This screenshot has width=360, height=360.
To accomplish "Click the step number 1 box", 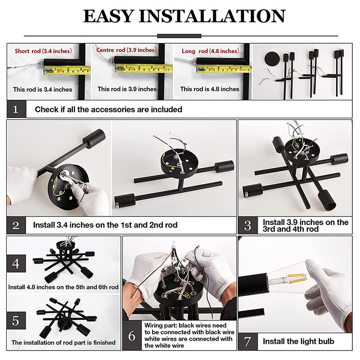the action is (16, 109).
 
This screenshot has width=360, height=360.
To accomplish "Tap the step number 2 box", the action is (16, 225).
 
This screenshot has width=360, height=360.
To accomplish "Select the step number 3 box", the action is (247, 225).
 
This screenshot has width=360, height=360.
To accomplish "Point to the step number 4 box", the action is (16, 263).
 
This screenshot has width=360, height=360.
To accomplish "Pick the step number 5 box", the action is (16, 320).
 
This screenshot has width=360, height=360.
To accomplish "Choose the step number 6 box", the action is (132, 336).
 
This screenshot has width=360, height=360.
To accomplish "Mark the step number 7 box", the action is (248, 342).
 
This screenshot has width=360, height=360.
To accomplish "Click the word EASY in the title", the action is (108, 16).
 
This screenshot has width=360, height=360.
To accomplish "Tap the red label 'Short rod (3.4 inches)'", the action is (43, 51).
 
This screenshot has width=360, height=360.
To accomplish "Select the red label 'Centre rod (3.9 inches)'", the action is (126, 50).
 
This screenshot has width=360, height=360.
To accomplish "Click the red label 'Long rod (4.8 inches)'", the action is (210, 51).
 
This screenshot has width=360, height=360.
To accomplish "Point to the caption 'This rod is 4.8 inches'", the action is (210, 89).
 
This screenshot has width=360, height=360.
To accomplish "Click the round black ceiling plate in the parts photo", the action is (273, 58).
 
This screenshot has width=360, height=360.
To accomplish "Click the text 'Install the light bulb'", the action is (298, 342).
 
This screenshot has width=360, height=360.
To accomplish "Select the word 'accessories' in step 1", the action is (113, 109).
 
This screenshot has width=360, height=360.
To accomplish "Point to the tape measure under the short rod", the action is (67, 70).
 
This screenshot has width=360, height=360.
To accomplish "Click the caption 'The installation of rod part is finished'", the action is (63, 342).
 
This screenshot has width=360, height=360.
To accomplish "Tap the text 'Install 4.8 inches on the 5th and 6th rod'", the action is (63, 287).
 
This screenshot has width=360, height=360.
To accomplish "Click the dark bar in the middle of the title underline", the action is (179, 36).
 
